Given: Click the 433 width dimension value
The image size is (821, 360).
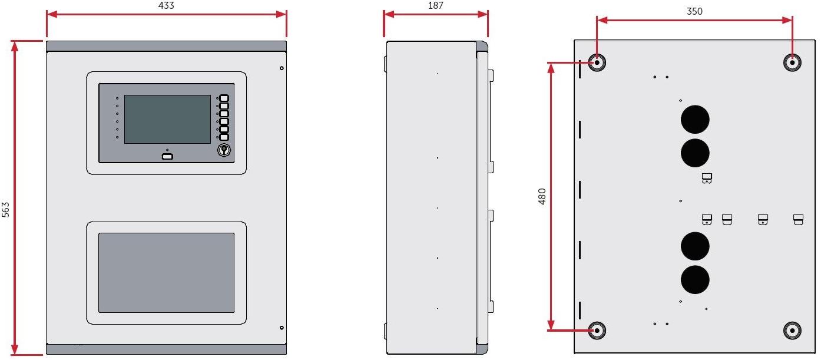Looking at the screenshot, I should tap(167, 5).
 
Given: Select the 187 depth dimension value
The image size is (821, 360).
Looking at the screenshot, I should tap(436, 5).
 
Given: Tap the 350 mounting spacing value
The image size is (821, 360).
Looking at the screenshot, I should tap(694, 11).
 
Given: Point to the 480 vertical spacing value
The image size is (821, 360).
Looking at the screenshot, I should tap(542, 196).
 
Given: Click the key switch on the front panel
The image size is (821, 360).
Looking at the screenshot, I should tap(224, 150).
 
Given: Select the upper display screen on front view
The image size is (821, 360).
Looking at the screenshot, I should tap(167, 119).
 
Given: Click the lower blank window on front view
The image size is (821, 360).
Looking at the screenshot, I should tap(166, 272).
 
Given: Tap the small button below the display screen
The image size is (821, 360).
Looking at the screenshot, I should tap(167, 157).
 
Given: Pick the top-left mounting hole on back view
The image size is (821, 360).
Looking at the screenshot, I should tap(597, 62).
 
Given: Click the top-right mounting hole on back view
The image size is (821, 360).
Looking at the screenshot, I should tap(792, 62).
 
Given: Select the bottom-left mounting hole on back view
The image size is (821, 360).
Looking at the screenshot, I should tap(597, 330).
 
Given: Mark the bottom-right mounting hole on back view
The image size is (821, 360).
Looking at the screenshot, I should tap(792, 330).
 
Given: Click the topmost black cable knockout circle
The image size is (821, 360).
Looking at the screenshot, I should tap(695, 120).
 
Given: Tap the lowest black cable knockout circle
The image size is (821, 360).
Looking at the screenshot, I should tap(695, 280).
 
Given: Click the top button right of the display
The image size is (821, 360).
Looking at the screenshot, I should tap(224, 98).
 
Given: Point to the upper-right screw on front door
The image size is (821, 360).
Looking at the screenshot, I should tap(282, 69).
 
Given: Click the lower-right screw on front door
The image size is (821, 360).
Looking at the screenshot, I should tap(282, 328).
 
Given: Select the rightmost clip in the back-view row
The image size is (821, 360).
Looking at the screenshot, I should tap(799, 220).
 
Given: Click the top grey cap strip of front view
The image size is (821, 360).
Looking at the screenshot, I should tap(167, 46).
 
